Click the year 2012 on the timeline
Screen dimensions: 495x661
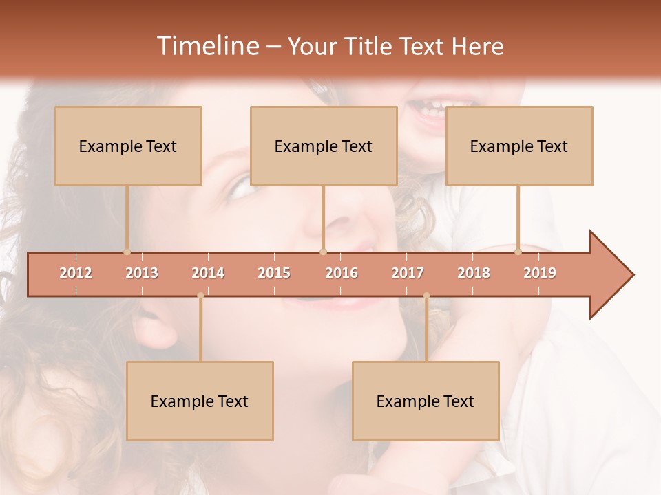[76, 273]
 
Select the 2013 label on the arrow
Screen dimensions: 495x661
[142, 273]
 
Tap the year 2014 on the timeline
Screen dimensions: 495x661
[208, 273]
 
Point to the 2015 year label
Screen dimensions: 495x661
[274, 273]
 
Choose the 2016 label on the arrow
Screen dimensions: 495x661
[342, 273]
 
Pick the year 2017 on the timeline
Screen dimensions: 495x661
[408, 273]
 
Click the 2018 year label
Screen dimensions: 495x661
[474, 273]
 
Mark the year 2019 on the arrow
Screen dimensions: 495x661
[540, 273]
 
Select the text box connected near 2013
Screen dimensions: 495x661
[128, 146]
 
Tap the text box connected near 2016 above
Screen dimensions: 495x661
[324, 146]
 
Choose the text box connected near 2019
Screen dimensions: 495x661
[519, 146]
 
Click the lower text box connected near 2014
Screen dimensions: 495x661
[200, 401]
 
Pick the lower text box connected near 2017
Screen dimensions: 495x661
[426, 401]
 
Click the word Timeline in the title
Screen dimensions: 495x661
[207, 46]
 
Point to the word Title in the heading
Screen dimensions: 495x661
[371, 46]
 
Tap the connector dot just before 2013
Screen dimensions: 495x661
[127, 252]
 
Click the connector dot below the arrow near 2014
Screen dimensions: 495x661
[200, 296]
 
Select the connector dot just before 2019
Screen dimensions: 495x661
[518, 252]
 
